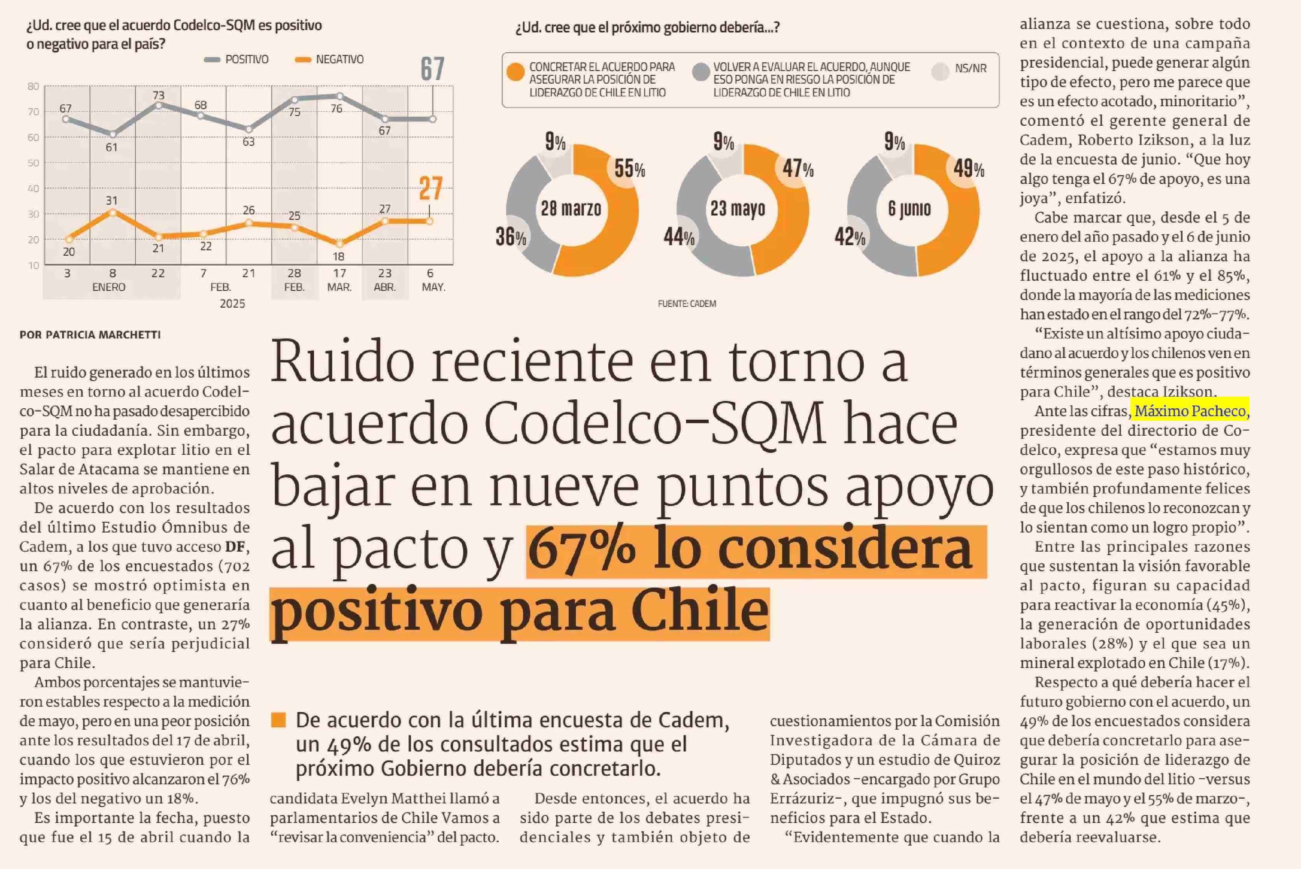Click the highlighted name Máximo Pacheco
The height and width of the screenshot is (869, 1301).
point(1190,411)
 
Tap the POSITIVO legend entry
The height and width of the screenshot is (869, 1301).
point(237,59)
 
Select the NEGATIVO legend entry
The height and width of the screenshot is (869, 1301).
point(330,59)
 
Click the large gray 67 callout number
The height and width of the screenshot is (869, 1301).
point(432,69)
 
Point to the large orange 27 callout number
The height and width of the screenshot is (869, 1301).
point(431,189)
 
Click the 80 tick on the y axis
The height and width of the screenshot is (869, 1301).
point(33,86)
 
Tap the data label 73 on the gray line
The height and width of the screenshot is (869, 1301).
point(159,95)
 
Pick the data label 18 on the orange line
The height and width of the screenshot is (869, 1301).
point(338,256)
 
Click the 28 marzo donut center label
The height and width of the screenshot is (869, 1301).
point(571,209)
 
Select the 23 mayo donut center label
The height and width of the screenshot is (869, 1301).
point(738,209)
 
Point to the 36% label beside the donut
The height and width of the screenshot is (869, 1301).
point(511,237)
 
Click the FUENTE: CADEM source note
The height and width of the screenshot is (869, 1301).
point(687,304)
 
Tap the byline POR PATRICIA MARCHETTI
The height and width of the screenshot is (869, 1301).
point(90,335)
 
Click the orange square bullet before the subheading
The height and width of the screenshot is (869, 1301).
point(278,720)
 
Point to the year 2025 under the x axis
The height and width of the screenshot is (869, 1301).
point(232,304)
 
